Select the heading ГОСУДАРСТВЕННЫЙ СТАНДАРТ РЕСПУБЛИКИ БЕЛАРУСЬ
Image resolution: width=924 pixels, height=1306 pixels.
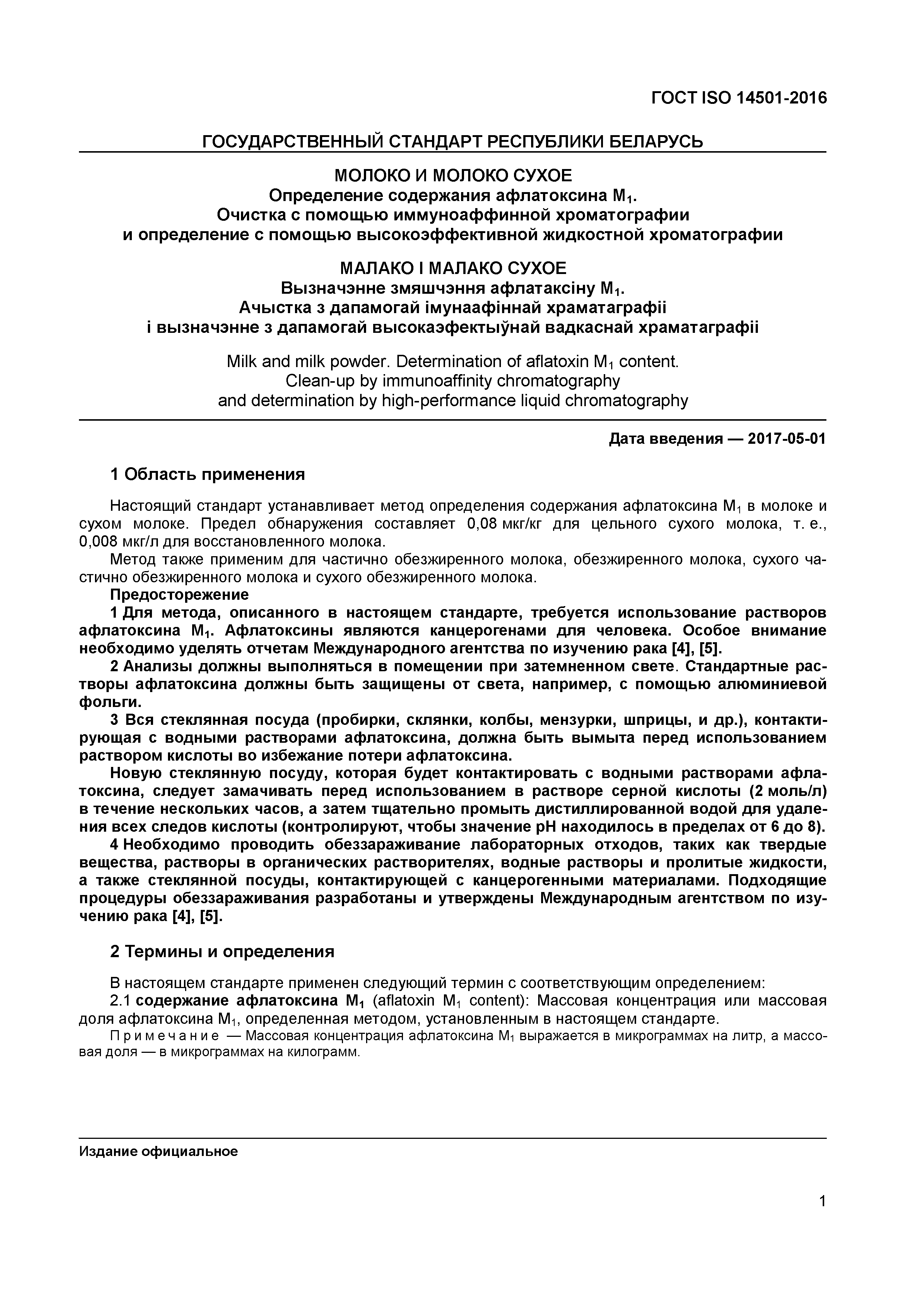(x=453, y=141)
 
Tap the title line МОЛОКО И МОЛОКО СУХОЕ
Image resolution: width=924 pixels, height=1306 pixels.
(x=453, y=175)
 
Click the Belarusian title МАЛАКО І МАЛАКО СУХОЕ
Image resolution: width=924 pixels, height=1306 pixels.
(x=453, y=268)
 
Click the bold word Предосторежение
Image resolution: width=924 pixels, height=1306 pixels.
(x=179, y=595)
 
